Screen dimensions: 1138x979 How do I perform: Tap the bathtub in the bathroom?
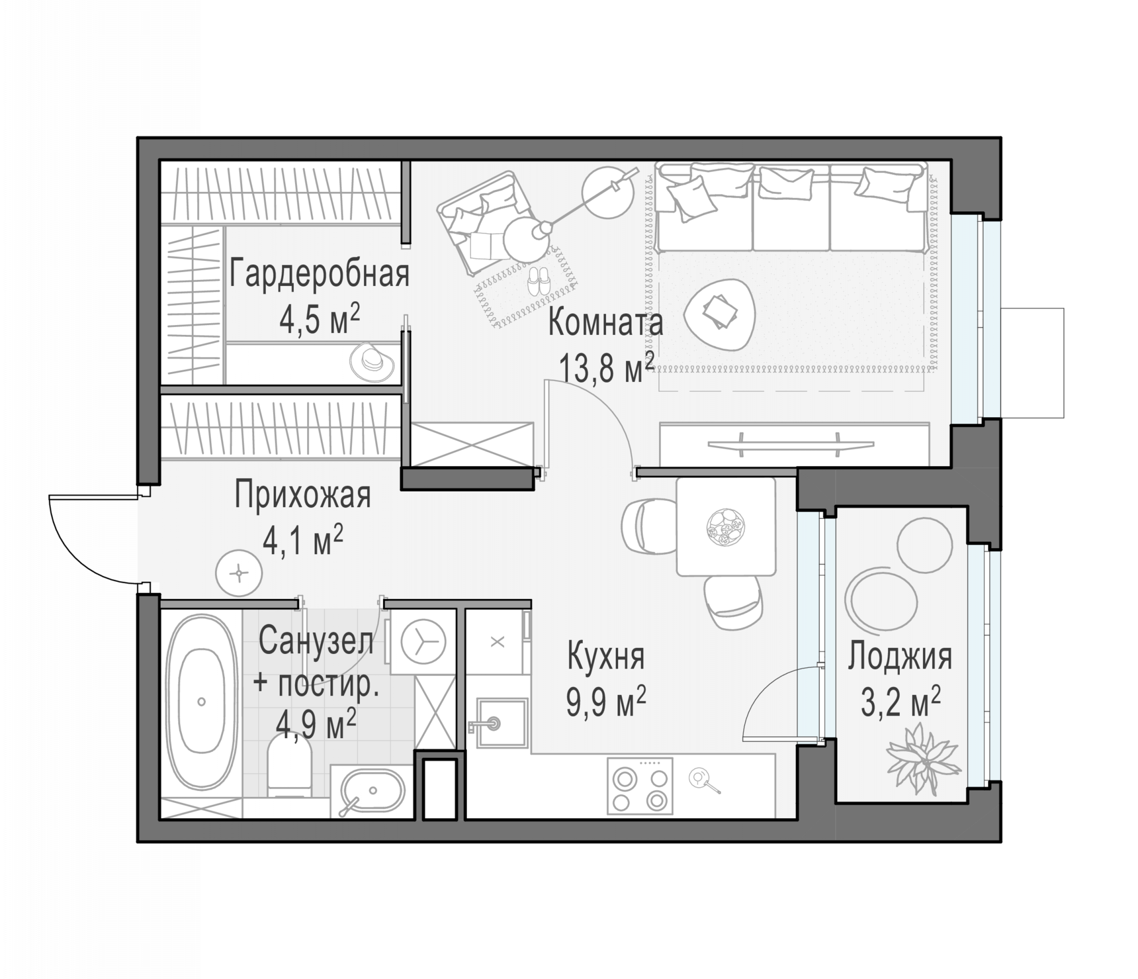coord(202,701)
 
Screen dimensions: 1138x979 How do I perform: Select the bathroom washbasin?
coord(372,791)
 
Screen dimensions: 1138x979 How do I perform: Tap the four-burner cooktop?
coord(640,786)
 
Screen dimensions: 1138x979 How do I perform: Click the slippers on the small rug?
coord(538,281)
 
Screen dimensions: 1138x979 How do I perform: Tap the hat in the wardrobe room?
coord(372,362)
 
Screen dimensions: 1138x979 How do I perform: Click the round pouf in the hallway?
coord(239,573)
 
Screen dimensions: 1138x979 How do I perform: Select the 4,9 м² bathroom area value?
coord(317,724)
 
